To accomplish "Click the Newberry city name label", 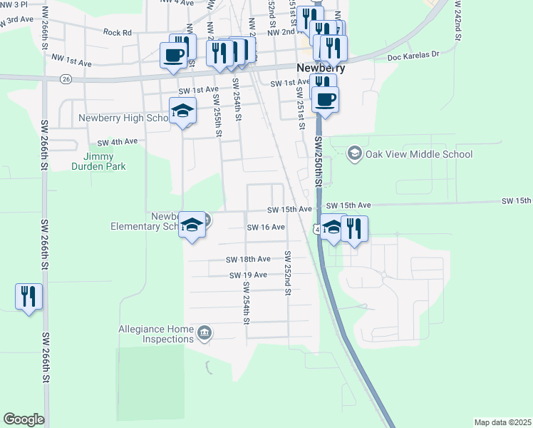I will click(320, 68).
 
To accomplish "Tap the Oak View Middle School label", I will click(418, 154).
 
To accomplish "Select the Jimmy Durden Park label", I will click(104, 161).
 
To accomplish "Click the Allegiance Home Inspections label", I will click(156, 334).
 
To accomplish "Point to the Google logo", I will click(24, 419).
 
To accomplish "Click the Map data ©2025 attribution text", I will click(502, 422).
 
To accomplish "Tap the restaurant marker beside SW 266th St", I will click(29, 295).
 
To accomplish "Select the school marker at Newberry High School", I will click(182, 111).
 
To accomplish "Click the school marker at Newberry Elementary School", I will click(191, 225).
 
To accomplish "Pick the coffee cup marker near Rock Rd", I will click(174, 54).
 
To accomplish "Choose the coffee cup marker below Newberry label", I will click(325, 99).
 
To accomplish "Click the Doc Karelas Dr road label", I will click(414, 56).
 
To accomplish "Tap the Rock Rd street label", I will click(118, 32).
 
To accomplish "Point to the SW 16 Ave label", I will click(266, 227).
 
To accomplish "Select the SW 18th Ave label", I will click(248, 260).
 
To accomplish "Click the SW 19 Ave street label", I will click(248, 275).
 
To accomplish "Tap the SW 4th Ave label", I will click(117, 142).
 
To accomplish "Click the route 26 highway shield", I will click(66, 78).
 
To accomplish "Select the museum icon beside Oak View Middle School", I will click(353, 153).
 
